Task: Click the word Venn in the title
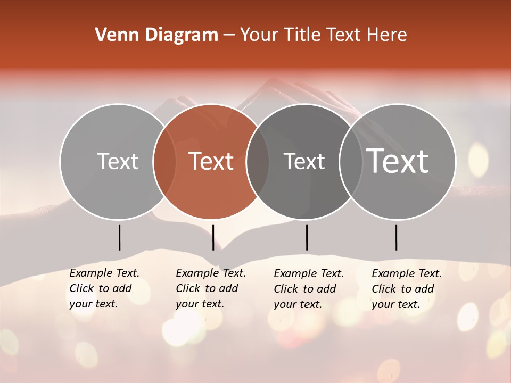coord(114,35)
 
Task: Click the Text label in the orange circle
coord(211,161)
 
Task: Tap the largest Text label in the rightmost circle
coord(398,161)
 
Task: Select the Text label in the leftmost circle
coord(118,161)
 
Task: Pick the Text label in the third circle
coord(304,161)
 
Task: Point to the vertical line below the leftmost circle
coord(119,237)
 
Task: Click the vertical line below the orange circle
coord(213,237)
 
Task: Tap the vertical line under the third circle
coord(307,237)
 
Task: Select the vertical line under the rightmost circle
coord(396,237)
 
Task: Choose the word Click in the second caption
coord(188,288)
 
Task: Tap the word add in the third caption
coord(326,289)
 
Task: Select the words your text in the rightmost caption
coord(395,304)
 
